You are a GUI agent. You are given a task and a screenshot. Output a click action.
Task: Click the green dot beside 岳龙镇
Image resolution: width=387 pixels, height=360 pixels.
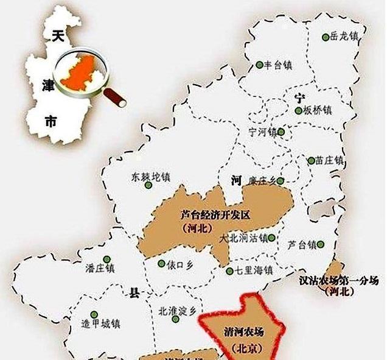pyautogui.click(x=326, y=37)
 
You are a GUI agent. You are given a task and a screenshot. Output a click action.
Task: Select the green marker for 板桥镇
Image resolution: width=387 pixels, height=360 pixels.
pyautogui.click(x=298, y=111)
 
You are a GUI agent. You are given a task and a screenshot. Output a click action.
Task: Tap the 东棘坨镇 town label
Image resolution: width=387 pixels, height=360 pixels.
pyautogui.click(x=150, y=177)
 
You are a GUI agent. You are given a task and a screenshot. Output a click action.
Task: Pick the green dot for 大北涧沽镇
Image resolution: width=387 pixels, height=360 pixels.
pyautogui.click(x=271, y=238)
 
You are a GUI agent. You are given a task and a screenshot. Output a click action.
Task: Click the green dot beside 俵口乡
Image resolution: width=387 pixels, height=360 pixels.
pyautogui.click(x=161, y=264)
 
